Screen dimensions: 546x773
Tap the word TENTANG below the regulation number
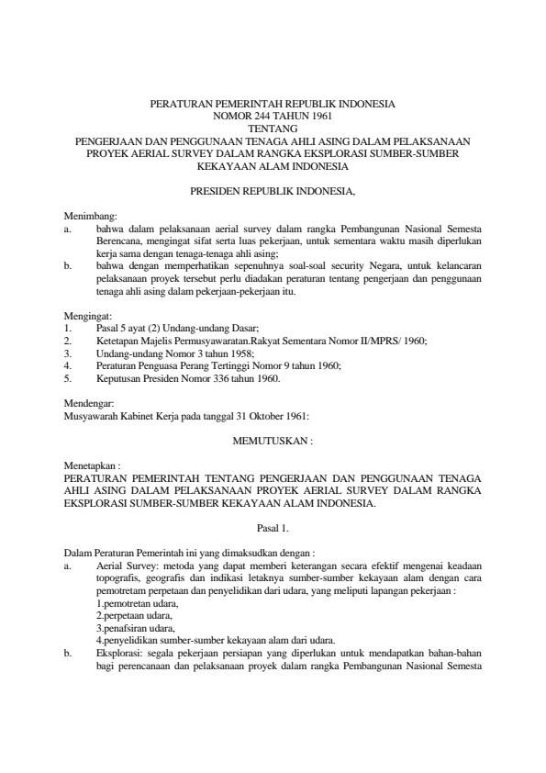(x=273, y=129)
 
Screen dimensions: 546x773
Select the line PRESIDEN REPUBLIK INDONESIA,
(x=273, y=193)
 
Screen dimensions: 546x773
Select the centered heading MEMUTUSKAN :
(x=273, y=441)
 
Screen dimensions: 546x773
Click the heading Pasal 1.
(x=273, y=529)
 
